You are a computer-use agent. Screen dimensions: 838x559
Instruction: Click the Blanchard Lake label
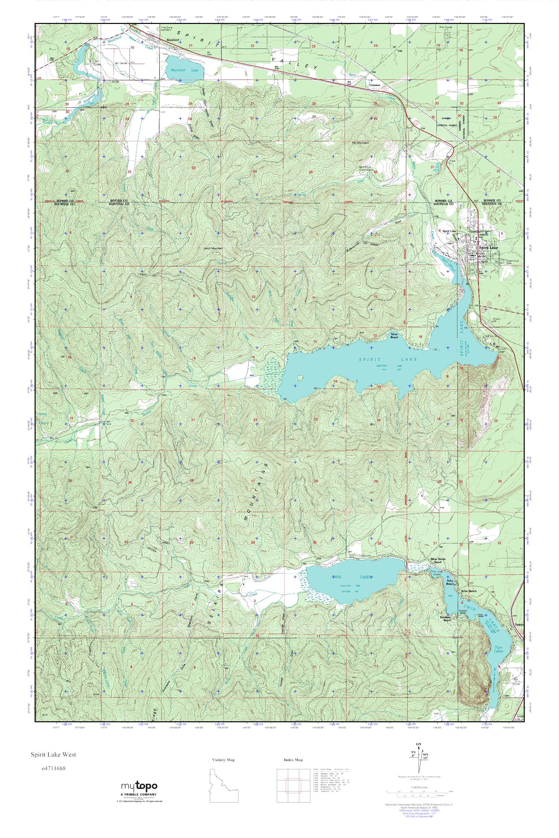pyautogui.click(x=184, y=70)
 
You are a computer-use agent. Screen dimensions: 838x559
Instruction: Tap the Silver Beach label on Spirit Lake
pyautogui.click(x=394, y=336)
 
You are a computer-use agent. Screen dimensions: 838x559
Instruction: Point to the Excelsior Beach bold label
pyautogui.click(x=447, y=618)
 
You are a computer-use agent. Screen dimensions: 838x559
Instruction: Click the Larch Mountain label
pyautogui.click(x=213, y=248)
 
